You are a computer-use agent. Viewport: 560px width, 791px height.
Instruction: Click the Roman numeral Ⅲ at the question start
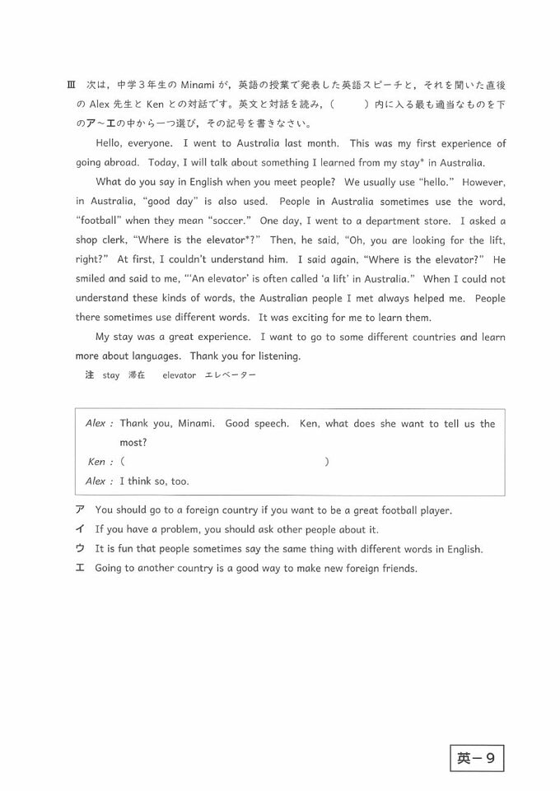(70, 86)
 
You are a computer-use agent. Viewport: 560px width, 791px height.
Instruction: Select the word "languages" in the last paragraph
(156, 356)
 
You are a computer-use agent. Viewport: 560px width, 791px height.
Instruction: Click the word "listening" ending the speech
(277, 356)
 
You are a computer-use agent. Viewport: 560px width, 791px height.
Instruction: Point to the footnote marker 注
(90, 375)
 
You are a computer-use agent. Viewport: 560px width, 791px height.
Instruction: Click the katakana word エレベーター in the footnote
(230, 375)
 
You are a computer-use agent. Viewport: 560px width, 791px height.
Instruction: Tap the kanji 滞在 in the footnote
(137, 375)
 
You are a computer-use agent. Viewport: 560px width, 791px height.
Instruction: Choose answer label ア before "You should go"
(80, 510)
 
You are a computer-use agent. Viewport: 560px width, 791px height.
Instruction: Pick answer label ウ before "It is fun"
(80, 549)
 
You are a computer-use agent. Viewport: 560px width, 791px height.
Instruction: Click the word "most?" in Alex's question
(133, 442)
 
